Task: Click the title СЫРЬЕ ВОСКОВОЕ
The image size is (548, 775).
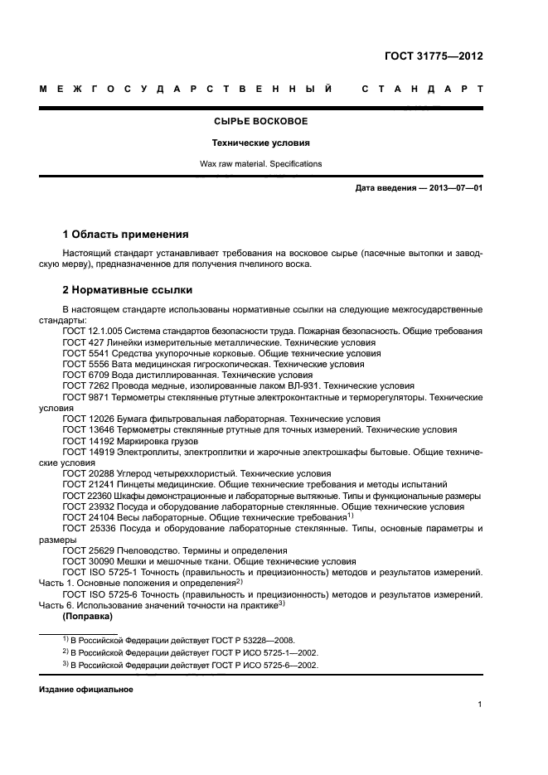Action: click(260, 121)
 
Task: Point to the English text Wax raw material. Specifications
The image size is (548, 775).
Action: click(260, 163)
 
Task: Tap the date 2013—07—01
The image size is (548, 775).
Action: click(454, 189)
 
